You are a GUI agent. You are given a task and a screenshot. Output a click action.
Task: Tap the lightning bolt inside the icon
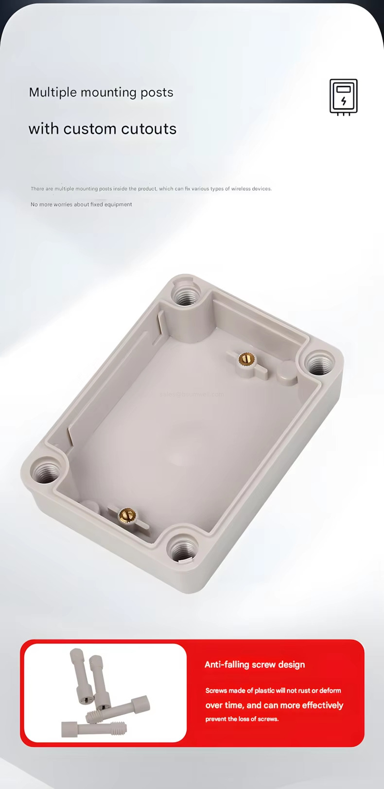pyautogui.click(x=344, y=101)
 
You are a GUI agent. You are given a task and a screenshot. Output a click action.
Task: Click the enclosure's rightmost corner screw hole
pyautogui.click(x=318, y=362)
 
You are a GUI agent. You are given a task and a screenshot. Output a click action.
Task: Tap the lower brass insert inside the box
pyautogui.click(x=127, y=513)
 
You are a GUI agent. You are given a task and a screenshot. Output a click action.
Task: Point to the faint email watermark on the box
pyautogui.click(x=192, y=394)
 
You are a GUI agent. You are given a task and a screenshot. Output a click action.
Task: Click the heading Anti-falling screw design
pyautogui.click(x=255, y=665)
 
